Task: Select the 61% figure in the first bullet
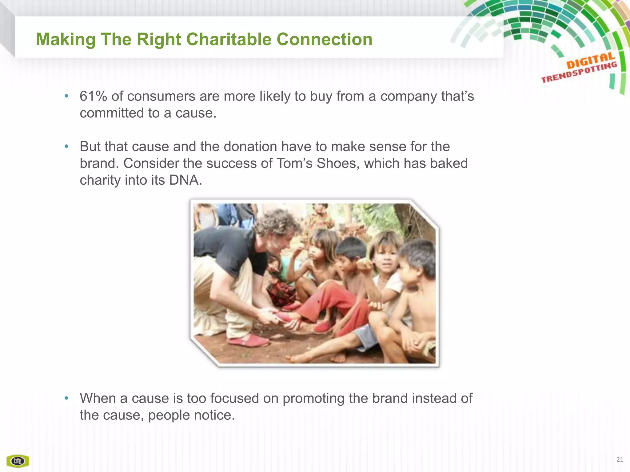point(93,96)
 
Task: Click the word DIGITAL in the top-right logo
point(590,61)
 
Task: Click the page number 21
point(620,459)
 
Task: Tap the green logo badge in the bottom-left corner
point(18,461)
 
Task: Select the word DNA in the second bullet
point(185,180)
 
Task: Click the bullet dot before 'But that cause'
point(66,147)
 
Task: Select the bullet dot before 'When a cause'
point(66,398)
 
